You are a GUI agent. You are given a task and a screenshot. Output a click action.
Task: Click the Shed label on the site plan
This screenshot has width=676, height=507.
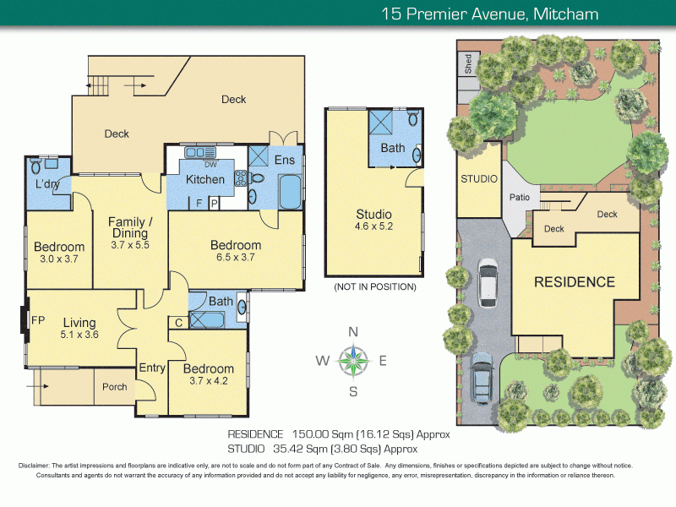pyautogui.click(x=468, y=64)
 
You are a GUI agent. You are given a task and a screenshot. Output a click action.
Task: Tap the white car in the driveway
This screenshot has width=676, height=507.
pyautogui.click(x=488, y=282)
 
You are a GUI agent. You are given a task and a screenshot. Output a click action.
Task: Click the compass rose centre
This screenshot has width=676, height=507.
pyautogui.click(x=353, y=361)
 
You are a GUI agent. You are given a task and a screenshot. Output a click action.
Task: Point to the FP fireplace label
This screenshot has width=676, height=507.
pyautogui.click(x=38, y=320)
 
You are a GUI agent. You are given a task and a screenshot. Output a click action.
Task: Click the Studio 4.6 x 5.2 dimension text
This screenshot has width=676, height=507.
pyautogui.click(x=373, y=226)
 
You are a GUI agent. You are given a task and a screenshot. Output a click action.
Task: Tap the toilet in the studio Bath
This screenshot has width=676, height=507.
pyautogui.click(x=413, y=117)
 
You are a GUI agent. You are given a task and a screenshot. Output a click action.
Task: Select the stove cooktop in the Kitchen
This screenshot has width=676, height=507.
pyautogui.click(x=241, y=178)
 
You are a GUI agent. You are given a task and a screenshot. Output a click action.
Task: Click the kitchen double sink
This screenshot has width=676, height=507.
pyautogui.click(x=199, y=153)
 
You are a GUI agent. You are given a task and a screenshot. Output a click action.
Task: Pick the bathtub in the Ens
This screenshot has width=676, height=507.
pyautogui.click(x=290, y=192)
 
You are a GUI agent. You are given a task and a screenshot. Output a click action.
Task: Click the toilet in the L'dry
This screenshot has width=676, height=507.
pyautogui.click(x=35, y=166)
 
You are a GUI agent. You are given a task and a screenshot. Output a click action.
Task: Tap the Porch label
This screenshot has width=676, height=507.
pyautogui.click(x=115, y=387)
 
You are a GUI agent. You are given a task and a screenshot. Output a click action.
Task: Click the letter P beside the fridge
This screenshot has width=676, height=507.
pyautogui.click(x=215, y=204)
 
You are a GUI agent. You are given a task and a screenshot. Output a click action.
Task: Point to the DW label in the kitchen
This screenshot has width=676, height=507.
pyautogui.click(x=210, y=165)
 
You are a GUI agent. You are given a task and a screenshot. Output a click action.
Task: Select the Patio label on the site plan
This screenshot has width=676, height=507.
pyautogui.click(x=520, y=197)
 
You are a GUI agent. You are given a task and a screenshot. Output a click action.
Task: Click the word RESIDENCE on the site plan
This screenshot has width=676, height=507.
pyautogui.click(x=575, y=282)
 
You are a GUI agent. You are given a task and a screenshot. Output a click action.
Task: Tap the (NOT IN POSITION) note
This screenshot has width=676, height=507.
pyautogui.click(x=375, y=286)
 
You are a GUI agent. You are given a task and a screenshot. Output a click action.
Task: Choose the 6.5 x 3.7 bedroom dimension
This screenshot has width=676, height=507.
pyautogui.click(x=236, y=258)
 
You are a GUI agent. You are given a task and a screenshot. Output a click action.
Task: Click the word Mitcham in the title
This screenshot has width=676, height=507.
pyautogui.click(x=565, y=14)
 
